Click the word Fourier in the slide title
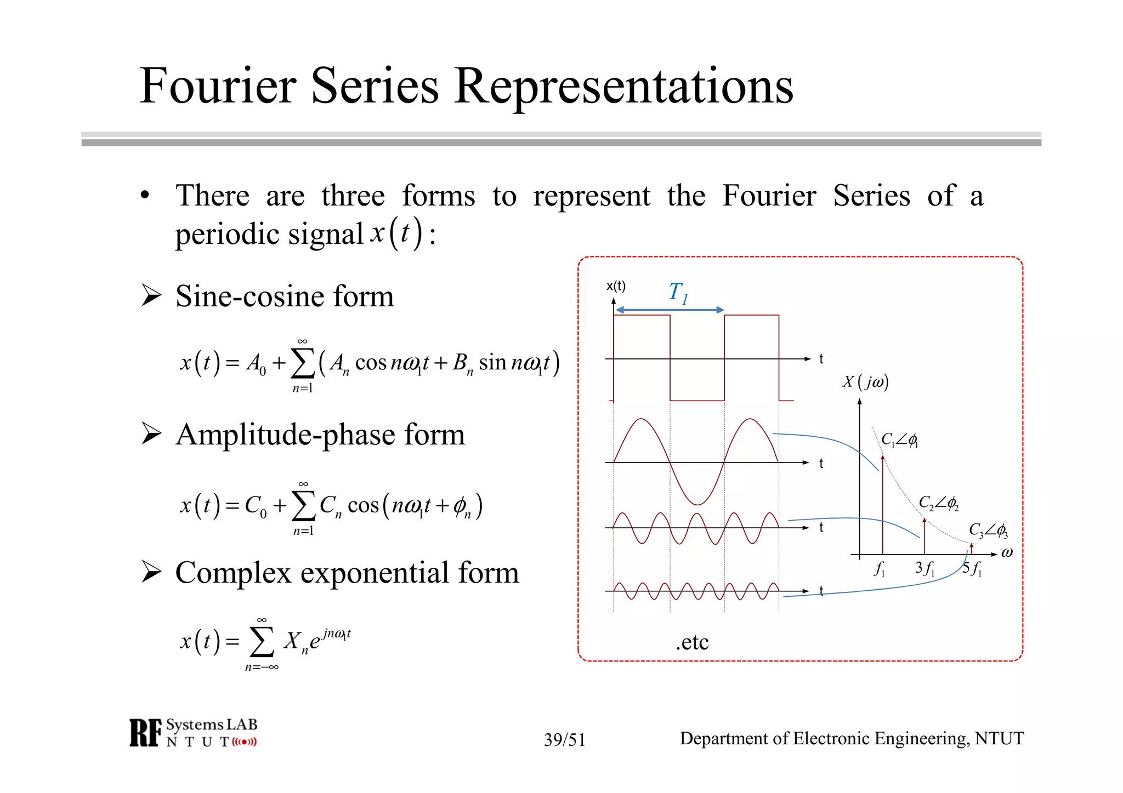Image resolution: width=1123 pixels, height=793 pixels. click(218, 86)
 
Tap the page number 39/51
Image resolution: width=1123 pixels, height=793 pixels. click(564, 740)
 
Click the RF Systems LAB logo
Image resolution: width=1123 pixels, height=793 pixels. click(193, 733)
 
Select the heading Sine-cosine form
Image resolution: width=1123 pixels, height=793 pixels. click(284, 296)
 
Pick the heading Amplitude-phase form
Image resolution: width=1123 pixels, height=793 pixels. click(320, 435)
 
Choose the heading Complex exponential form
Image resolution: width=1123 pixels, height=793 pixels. click(347, 573)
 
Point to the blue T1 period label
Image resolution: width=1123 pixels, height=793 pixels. click(678, 293)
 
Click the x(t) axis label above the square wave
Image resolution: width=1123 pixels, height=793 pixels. click(616, 286)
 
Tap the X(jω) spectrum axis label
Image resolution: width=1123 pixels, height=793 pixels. click(865, 381)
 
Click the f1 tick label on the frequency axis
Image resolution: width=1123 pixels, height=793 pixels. click(879, 569)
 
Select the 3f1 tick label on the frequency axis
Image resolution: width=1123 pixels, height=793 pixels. click(925, 568)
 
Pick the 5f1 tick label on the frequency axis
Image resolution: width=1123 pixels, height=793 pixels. click(972, 568)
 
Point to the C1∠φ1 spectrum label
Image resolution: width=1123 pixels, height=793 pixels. click(899, 440)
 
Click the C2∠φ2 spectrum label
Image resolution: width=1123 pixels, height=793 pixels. click(938, 503)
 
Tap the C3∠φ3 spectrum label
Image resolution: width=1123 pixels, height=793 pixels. click(988, 530)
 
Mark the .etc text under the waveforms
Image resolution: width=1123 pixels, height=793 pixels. click(692, 642)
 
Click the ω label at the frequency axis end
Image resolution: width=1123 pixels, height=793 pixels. click(1007, 552)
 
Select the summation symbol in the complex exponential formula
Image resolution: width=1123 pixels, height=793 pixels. click(262, 642)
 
